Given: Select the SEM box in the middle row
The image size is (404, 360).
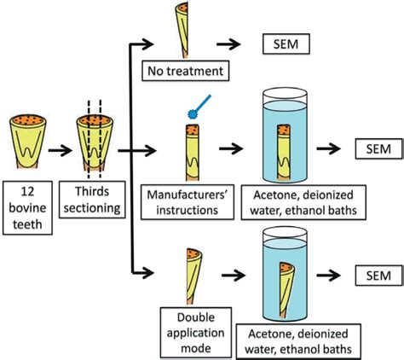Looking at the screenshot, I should pos(374,149).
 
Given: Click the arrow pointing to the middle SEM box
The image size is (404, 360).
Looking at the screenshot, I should pos(335,150).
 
